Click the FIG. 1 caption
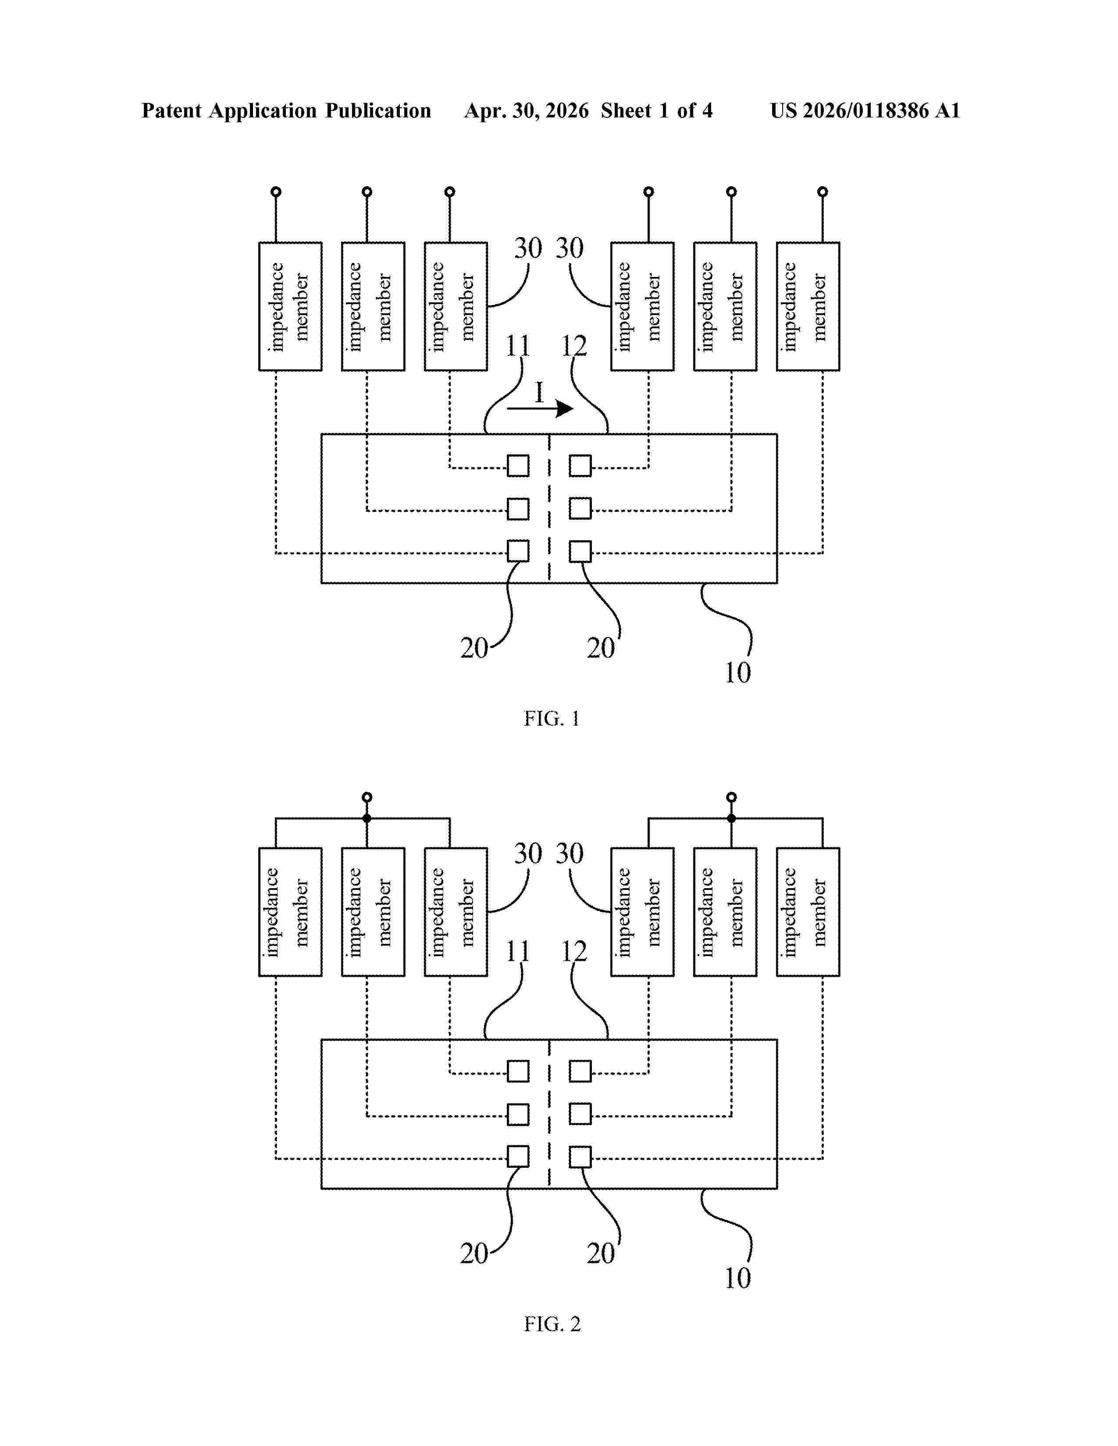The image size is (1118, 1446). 552,718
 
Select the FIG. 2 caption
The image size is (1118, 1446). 552,1324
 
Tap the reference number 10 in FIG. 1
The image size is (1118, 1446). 737,673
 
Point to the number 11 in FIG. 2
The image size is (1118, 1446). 518,951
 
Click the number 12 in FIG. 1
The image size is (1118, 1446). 573,346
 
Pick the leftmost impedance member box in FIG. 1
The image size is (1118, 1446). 290,307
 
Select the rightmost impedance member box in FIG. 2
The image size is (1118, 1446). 808,912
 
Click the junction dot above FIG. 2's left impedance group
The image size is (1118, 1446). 367,819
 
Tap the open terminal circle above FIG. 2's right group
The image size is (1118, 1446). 731,797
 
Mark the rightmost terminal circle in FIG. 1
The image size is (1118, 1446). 822,192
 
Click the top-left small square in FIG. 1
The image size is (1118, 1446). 518,465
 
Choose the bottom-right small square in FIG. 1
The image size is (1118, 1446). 580,551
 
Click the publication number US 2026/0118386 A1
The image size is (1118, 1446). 865,110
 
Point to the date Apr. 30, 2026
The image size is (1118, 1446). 527,110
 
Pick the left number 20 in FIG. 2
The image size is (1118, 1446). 474,1253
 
